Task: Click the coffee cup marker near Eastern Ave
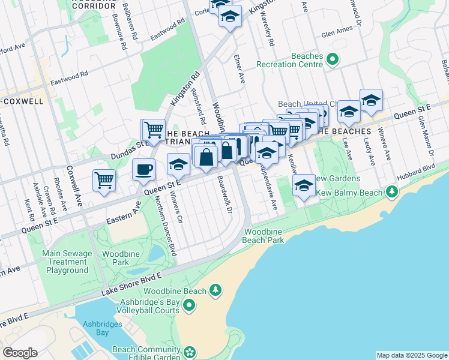143,170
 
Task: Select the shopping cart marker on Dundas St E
153,129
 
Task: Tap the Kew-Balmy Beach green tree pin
392,192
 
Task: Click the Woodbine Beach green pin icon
215,292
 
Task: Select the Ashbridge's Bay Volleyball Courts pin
190,306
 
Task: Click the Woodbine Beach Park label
263,236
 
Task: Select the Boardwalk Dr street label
224,192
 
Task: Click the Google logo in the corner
20,353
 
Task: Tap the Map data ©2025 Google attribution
411,355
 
